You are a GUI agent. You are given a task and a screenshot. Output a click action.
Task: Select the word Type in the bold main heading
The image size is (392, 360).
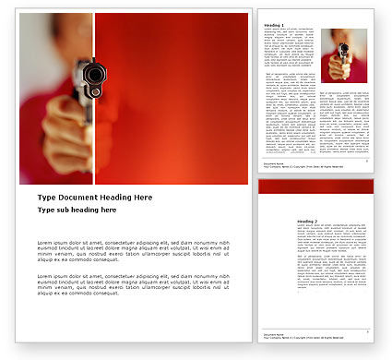[46, 198]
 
